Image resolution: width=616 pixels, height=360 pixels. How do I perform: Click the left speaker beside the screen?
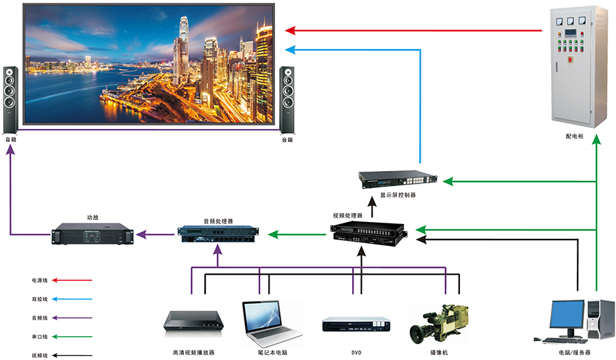[x=10, y=99]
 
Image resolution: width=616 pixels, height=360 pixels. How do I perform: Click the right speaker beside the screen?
[x=286, y=99]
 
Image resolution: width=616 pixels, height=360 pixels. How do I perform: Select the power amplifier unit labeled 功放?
[x=92, y=234]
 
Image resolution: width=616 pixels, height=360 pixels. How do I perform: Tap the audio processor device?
[x=218, y=233]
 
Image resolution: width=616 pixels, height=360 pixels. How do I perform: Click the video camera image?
[x=440, y=323]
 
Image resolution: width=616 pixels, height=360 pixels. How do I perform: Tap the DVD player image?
[x=356, y=324]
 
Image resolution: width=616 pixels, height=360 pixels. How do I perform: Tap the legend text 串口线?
[x=39, y=337]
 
